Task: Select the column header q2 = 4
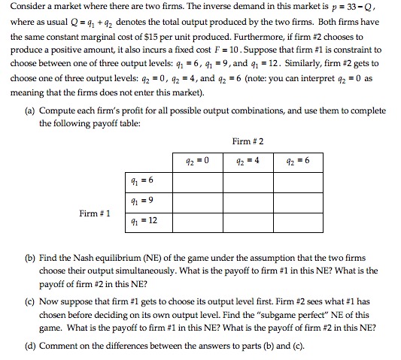tap(248, 159)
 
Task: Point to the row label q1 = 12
tap(143, 221)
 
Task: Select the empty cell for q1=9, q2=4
tap(248, 200)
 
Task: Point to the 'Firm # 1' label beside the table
tap(96, 213)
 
